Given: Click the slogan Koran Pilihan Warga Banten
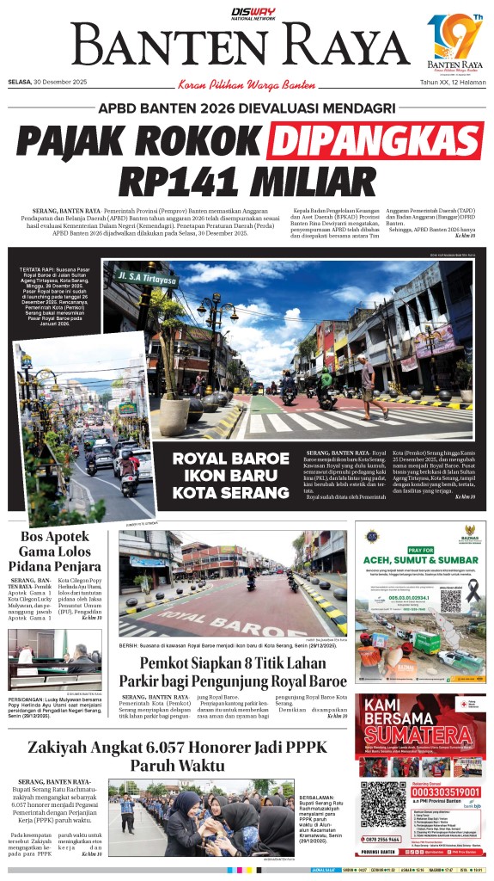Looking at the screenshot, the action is [247, 83].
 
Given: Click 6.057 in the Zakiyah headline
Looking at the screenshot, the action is [158, 747].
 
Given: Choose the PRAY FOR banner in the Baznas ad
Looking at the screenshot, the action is [419, 550].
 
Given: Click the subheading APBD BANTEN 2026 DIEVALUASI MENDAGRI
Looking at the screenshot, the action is [247, 108].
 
